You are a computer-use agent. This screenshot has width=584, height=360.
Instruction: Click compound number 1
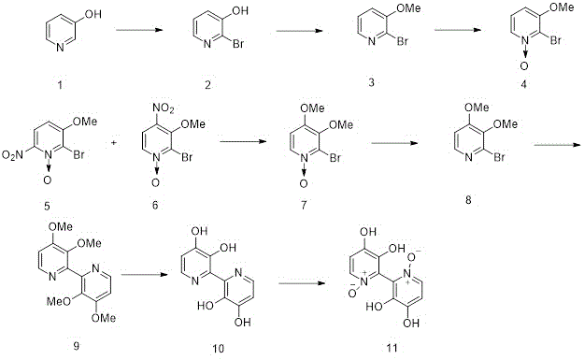(60, 86)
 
